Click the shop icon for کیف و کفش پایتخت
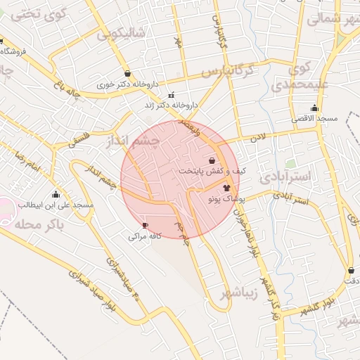pyautogui.click(x=212, y=160)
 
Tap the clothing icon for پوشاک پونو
pyautogui.click(x=226, y=188)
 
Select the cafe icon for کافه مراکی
pyautogui.click(x=146, y=226)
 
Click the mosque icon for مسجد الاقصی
pyautogui.click(x=314, y=108)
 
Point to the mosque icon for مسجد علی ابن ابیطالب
pyautogui.click(x=56, y=194)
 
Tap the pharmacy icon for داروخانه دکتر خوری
pyautogui.click(x=127, y=73)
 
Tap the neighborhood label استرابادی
pyautogui.click(x=284, y=176)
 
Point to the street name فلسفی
pyautogui.click(x=78, y=131)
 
